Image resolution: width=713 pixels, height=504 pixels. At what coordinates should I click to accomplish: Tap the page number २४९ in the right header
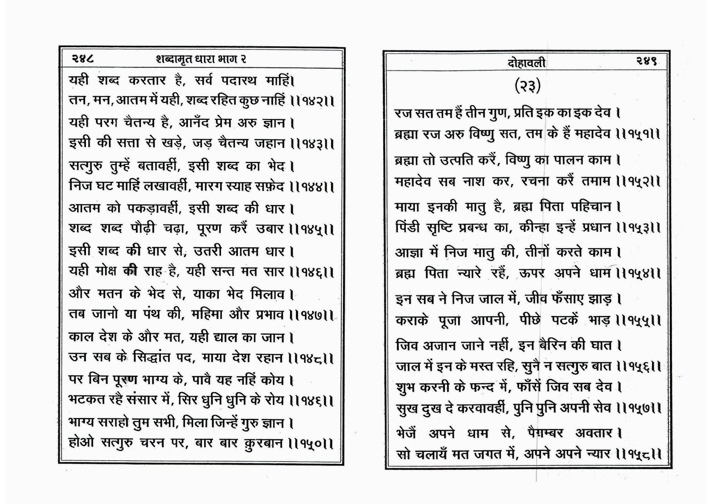(x=644, y=62)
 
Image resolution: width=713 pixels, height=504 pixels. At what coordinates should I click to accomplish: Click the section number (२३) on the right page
(x=528, y=86)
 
